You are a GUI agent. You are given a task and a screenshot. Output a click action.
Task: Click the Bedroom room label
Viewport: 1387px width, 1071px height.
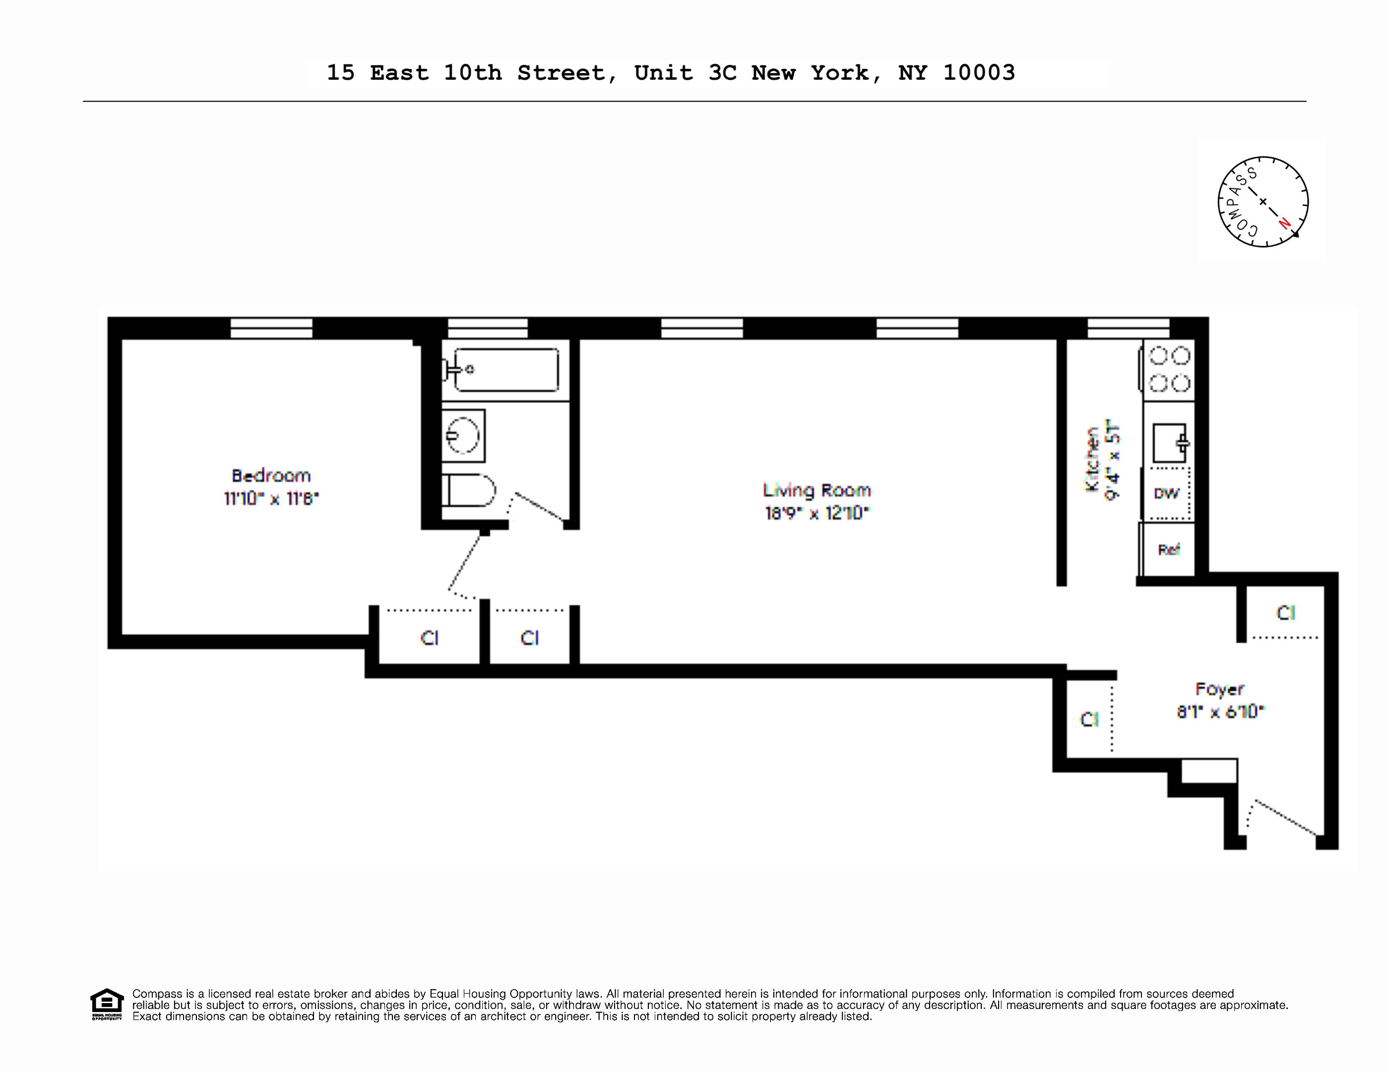[x=271, y=476]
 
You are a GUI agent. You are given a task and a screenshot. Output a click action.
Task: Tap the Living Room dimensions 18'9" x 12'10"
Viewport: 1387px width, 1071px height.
[x=817, y=513]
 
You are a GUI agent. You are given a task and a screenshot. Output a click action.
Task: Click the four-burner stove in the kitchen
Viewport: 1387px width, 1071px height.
[x=1169, y=369]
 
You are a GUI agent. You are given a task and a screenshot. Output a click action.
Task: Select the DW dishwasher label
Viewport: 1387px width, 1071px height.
[x=1166, y=493]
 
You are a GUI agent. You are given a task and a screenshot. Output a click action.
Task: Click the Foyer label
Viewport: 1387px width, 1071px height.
[x=1219, y=689]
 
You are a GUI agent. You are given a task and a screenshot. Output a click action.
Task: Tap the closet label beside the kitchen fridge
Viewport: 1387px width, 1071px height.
[x=1285, y=613]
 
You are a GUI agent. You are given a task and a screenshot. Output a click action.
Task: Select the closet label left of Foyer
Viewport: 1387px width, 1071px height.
[x=1089, y=719]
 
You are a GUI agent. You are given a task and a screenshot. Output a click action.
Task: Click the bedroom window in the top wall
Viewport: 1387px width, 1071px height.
[x=271, y=328]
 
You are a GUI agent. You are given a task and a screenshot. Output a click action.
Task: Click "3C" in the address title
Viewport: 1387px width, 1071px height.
[x=722, y=73]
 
